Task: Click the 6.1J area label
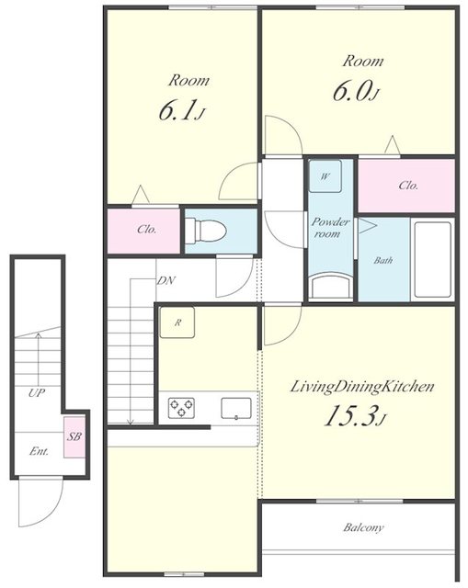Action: (x=182, y=110)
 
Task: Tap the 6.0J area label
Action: (x=356, y=91)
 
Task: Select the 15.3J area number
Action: (x=355, y=415)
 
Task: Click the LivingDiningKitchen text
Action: (x=362, y=387)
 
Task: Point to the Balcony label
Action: (x=363, y=527)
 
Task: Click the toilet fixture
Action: (x=205, y=230)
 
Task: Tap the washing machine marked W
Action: (x=325, y=176)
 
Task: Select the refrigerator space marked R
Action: (x=177, y=322)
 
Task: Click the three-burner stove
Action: (x=181, y=408)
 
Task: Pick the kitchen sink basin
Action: (x=236, y=408)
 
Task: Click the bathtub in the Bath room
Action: (x=432, y=260)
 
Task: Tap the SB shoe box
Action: (x=74, y=437)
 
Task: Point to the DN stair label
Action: (x=166, y=280)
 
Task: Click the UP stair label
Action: (x=37, y=393)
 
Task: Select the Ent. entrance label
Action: (x=39, y=451)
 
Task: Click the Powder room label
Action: (x=330, y=228)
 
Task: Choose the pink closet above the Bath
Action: (x=406, y=186)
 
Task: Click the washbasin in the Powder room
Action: (x=331, y=287)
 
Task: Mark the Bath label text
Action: (x=382, y=260)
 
